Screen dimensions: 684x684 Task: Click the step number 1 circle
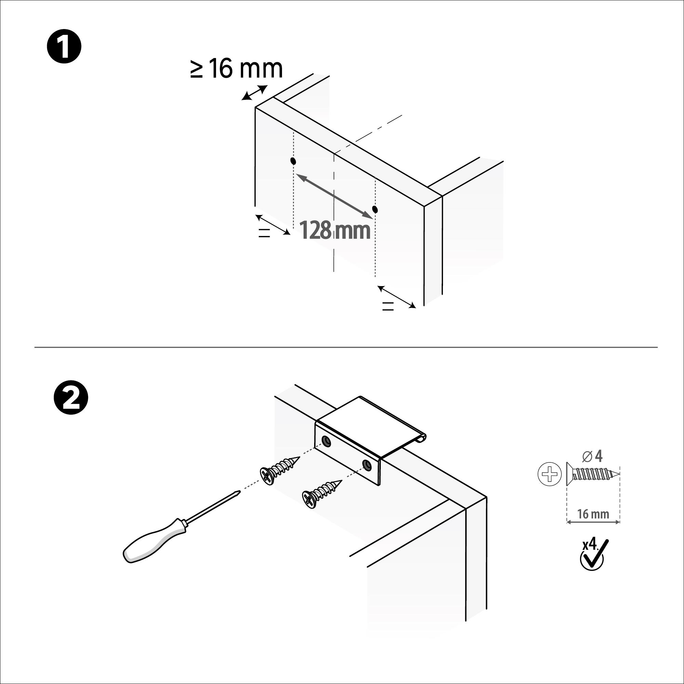64,47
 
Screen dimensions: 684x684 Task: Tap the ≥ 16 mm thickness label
237,69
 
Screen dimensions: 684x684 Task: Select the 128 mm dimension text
335,230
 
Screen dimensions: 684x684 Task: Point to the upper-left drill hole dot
293,161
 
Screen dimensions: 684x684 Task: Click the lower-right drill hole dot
375,210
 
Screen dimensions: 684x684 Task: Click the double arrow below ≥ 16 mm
254,93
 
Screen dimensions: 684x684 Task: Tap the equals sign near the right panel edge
388,307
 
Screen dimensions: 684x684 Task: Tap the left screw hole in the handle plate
325,440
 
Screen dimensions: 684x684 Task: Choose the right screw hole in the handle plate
367,465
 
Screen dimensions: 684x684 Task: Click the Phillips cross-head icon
549,474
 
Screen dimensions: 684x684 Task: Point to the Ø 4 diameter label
592,456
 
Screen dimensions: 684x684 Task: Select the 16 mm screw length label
593,514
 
